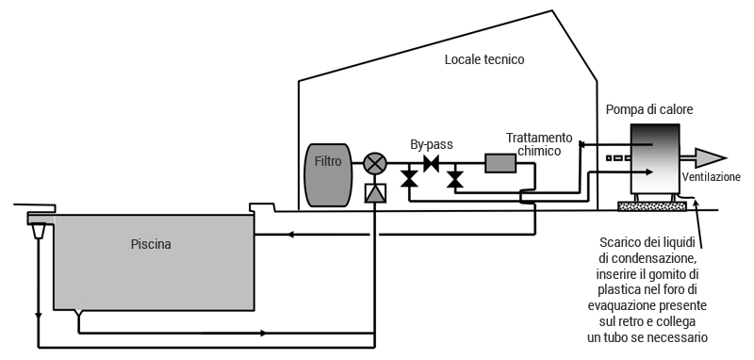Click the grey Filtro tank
click(x=328, y=175)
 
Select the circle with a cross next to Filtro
click(x=375, y=163)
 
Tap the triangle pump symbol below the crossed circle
click(x=375, y=194)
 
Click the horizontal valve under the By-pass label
click(x=433, y=163)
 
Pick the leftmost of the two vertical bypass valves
click(x=409, y=178)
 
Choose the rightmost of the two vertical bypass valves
click(x=455, y=178)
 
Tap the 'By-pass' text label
click(x=432, y=144)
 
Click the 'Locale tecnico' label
click(x=484, y=59)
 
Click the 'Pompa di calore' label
click(x=650, y=109)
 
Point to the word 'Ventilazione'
click(x=712, y=177)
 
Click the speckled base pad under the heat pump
click(x=651, y=203)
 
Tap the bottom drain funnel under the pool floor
click(x=78, y=314)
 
